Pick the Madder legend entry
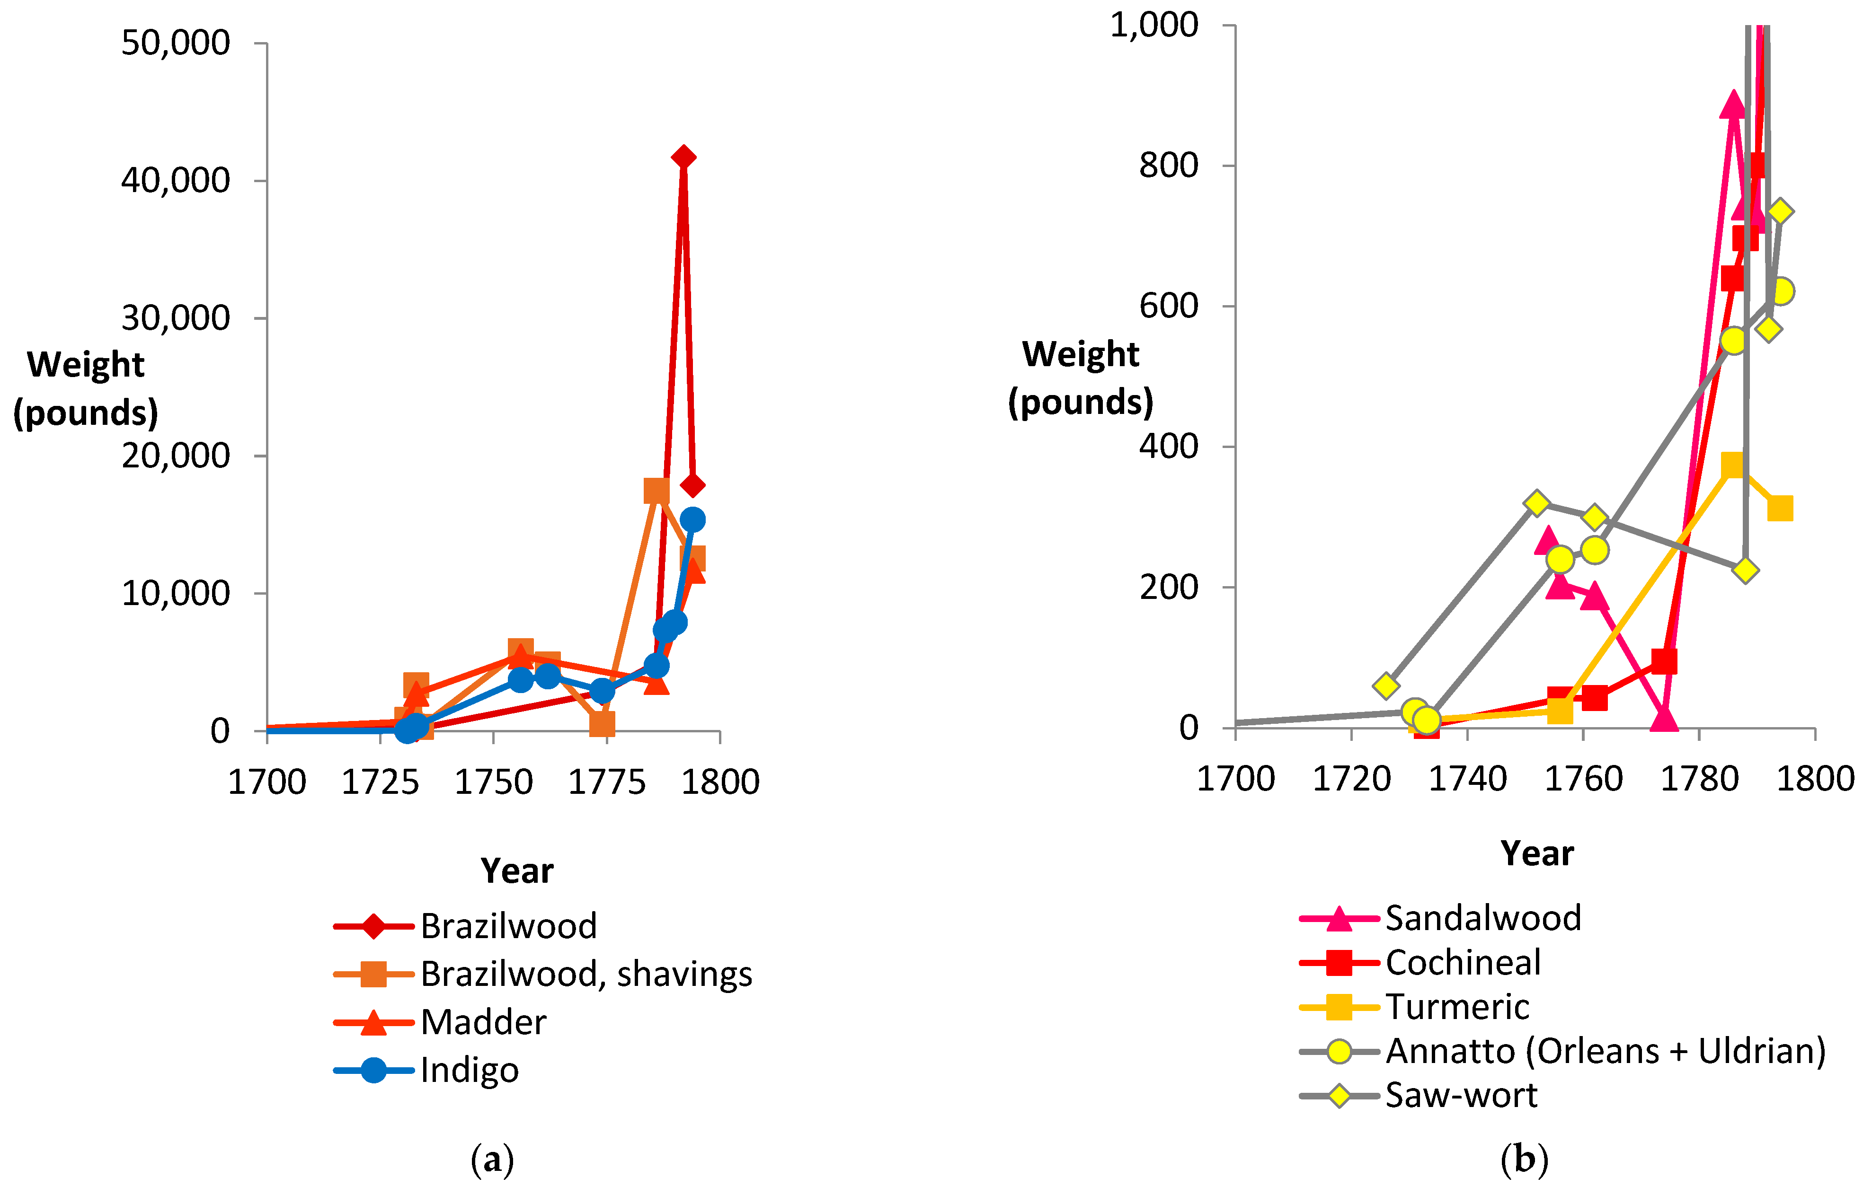pos(440,1022)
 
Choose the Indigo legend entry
pos(426,1071)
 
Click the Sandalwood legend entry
pos(1440,918)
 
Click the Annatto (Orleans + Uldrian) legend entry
pos(1562,1051)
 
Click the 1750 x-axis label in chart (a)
pos(494,782)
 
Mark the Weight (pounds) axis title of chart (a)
pos(86,388)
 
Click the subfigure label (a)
pos(493,1160)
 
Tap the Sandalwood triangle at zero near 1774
pos(1664,719)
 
